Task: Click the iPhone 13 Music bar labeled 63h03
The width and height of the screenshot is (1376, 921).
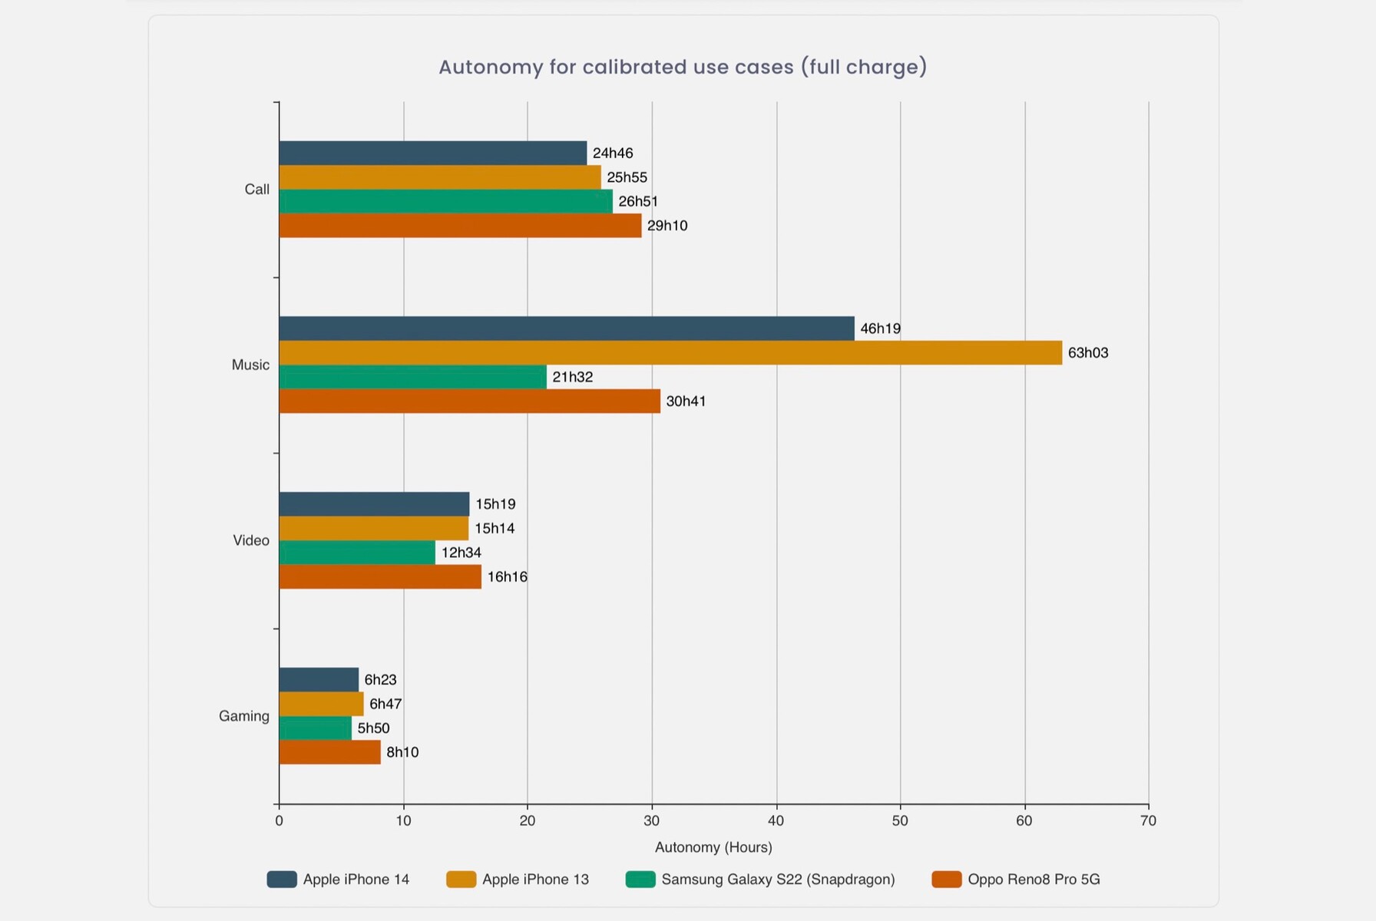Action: (x=670, y=353)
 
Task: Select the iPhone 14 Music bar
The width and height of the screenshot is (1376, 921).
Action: (x=566, y=328)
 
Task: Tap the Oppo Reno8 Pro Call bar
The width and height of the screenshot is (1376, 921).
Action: (x=460, y=226)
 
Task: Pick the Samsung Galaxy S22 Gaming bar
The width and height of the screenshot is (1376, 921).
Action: (x=315, y=728)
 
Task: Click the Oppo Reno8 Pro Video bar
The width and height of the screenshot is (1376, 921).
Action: (x=380, y=577)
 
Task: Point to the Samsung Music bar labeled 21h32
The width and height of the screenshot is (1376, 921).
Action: (x=412, y=377)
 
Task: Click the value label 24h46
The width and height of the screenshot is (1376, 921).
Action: (x=613, y=153)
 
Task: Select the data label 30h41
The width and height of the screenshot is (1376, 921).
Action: (x=686, y=401)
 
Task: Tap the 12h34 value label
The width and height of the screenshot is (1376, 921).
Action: (x=461, y=553)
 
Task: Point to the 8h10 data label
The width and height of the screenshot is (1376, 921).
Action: (x=402, y=752)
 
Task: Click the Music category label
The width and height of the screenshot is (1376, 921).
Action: (x=250, y=365)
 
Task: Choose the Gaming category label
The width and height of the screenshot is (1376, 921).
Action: (x=244, y=716)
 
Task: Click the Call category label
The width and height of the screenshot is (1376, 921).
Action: (x=256, y=190)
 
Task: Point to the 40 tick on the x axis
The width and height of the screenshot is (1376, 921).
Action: (x=776, y=820)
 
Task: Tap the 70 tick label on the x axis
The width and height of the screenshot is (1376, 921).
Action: (x=1148, y=820)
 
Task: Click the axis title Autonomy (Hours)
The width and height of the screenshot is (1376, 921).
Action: (x=713, y=847)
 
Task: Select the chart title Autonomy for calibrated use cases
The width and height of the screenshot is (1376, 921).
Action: (x=683, y=68)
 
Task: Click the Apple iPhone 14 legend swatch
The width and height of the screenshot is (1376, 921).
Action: (x=282, y=880)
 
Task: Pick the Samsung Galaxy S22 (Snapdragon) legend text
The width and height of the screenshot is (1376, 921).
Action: (x=778, y=880)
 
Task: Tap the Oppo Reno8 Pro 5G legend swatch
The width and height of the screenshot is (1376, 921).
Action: (x=946, y=880)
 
